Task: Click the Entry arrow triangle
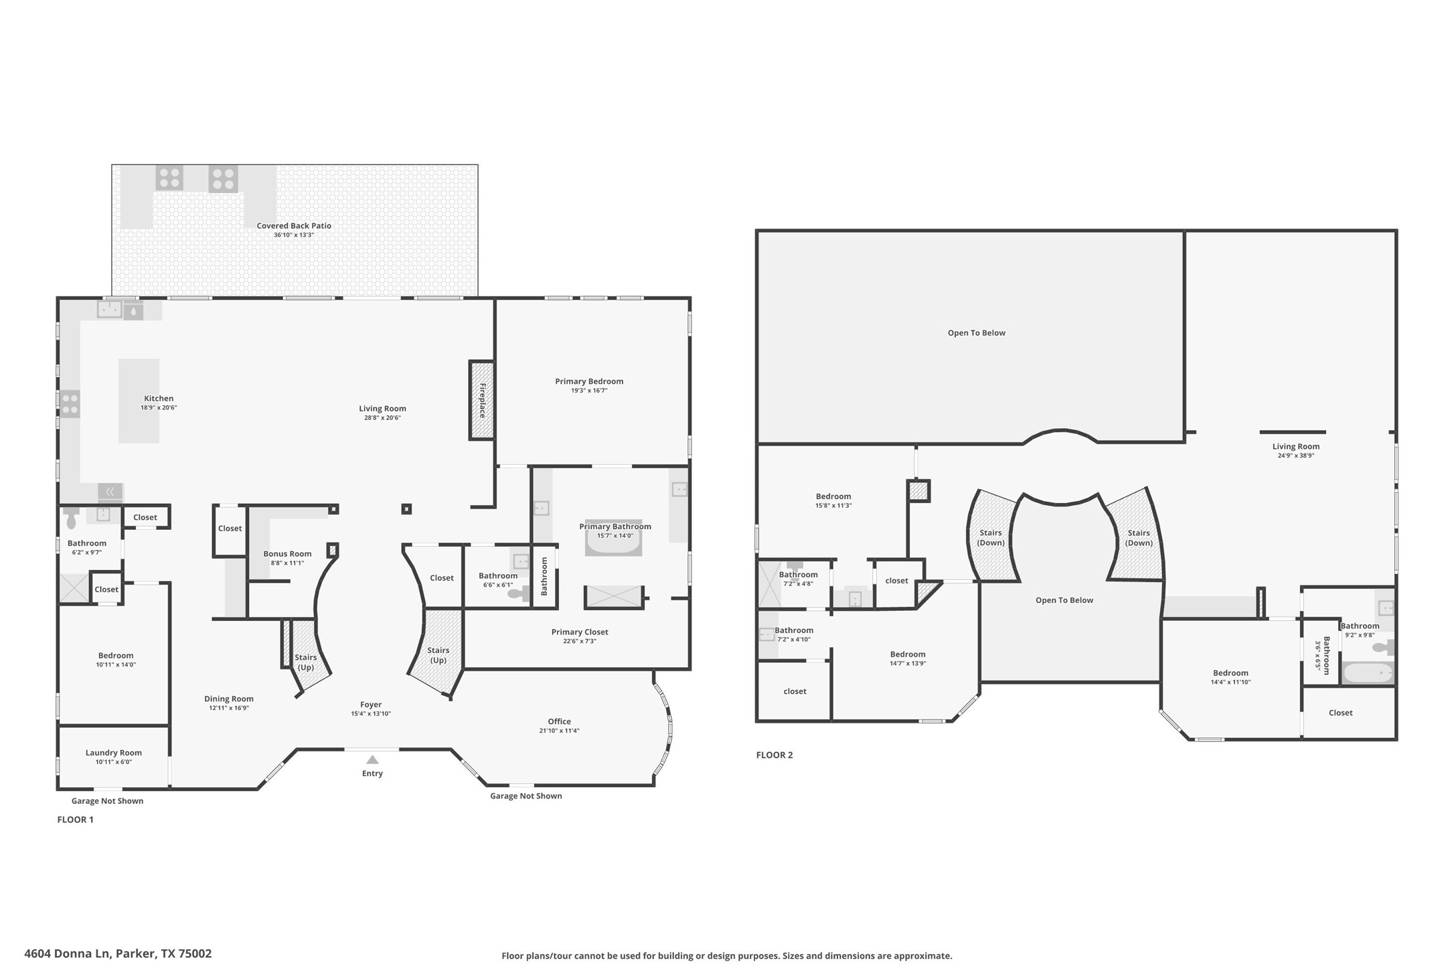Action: pos(372,760)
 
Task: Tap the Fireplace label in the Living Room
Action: pos(482,400)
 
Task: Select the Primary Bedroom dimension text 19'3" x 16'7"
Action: pos(589,391)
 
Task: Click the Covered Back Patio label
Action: pos(294,226)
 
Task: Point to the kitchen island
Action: pos(139,401)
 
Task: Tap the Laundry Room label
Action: pos(113,752)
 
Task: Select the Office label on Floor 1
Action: pos(559,721)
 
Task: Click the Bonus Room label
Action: pos(287,553)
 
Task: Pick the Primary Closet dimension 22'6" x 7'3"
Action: pos(580,641)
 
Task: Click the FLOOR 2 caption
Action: pos(774,755)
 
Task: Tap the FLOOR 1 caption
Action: pos(75,819)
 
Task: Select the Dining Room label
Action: pos(229,699)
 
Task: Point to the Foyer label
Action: pos(371,704)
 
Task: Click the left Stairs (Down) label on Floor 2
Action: pos(990,537)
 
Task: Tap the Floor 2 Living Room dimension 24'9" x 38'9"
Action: pos(1295,456)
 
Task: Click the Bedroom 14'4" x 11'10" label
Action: pos(1230,673)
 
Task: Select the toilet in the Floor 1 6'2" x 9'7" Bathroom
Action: pos(72,521)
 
